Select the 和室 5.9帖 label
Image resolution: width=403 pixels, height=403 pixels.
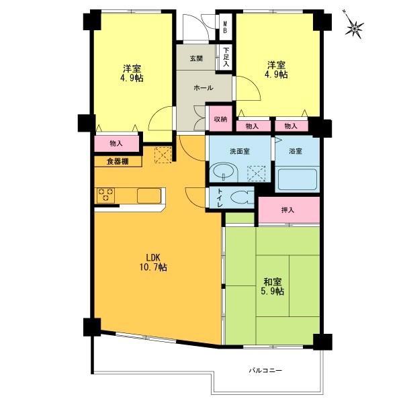point(272,287)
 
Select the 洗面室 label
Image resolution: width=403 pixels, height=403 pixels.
point(241,151)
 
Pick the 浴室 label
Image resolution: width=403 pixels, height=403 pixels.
point(295,151)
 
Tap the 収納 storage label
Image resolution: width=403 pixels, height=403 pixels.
point(220,119)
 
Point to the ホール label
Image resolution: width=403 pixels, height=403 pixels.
point(203,88)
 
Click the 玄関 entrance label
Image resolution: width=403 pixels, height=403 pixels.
point(195,58)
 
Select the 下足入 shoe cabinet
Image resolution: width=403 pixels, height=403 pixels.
point(227,56)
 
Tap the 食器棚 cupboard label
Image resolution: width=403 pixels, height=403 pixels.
point(118,161)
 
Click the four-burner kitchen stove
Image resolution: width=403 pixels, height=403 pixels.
point(105,195)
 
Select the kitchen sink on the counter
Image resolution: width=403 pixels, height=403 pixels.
point(149,195)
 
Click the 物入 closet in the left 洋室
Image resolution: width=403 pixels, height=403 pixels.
point(116,143)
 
